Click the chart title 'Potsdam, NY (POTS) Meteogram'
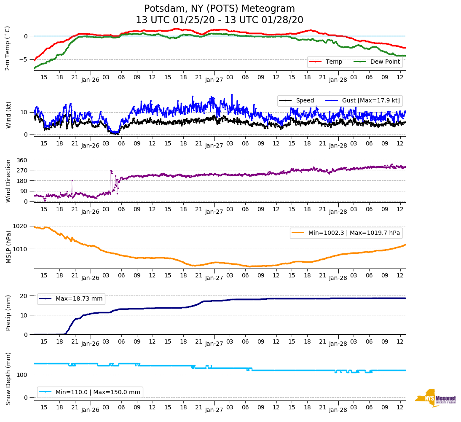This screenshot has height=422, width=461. (220, 9)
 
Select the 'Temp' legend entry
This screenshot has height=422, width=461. (333, 62)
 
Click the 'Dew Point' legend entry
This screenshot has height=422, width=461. (384, 62)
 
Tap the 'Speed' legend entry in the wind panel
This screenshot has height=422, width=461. (305, 101)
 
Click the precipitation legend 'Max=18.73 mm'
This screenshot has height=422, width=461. (79, 299)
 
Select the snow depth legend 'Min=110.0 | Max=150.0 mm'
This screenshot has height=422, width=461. (98, 392)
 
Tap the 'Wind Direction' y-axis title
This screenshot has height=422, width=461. (8, 181)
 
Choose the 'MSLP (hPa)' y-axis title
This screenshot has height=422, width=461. (8, 247)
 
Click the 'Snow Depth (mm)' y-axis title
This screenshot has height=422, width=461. (8, 379)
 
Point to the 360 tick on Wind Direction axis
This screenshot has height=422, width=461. (22, 160)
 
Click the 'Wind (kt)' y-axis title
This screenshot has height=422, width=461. (8, 115)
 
